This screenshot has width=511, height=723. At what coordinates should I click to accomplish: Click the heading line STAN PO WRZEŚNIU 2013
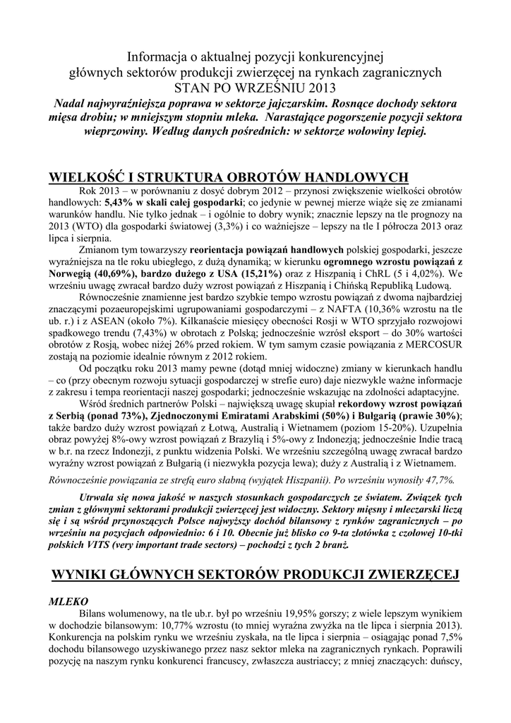[255, 88]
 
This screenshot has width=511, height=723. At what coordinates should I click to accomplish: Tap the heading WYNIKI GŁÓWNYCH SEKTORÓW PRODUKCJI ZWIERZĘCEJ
[255, 577]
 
